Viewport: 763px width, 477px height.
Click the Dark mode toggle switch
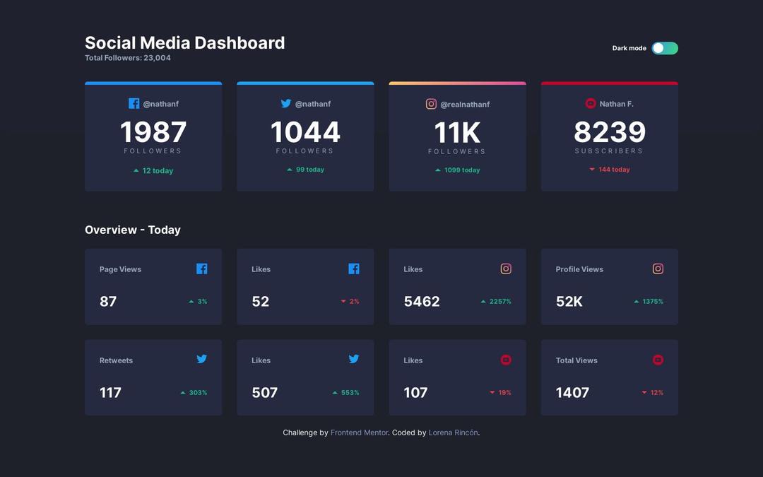tap(664, 48)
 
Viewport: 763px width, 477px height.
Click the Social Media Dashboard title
tap(184, 42)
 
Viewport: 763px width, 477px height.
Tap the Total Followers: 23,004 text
tap(127, 58)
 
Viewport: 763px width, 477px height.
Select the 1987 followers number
tap(153, 132)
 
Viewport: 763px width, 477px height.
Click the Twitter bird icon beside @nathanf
tap(286, 103)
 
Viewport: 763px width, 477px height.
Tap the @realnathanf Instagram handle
tap(465, 105)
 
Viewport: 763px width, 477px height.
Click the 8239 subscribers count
tap(609, 132)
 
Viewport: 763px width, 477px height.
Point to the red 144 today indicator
tap(610, 170)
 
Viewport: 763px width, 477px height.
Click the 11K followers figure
tap(457, 133)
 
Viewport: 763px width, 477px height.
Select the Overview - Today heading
tap(133, 230)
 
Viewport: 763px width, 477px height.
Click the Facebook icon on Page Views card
tap(201, 269)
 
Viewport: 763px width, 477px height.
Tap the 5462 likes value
tap(422, 302)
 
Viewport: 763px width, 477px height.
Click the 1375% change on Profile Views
tap(649, 302)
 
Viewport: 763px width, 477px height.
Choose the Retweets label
tap(116, 360)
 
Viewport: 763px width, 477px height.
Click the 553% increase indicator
tap(346, 393)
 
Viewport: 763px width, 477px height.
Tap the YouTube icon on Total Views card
tap(658, 360)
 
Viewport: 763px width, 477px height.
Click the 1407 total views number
tap(572, 393)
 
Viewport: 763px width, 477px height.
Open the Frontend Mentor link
tap(359, 432)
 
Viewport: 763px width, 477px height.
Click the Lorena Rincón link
tap(453, 432)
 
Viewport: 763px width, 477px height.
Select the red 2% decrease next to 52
tap(350, 302)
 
